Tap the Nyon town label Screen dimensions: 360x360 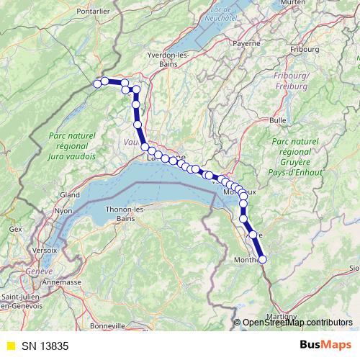(x=64, y=211)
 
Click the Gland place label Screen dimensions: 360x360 (x=70, y=194)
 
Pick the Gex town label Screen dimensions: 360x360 (x=16, y=228)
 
